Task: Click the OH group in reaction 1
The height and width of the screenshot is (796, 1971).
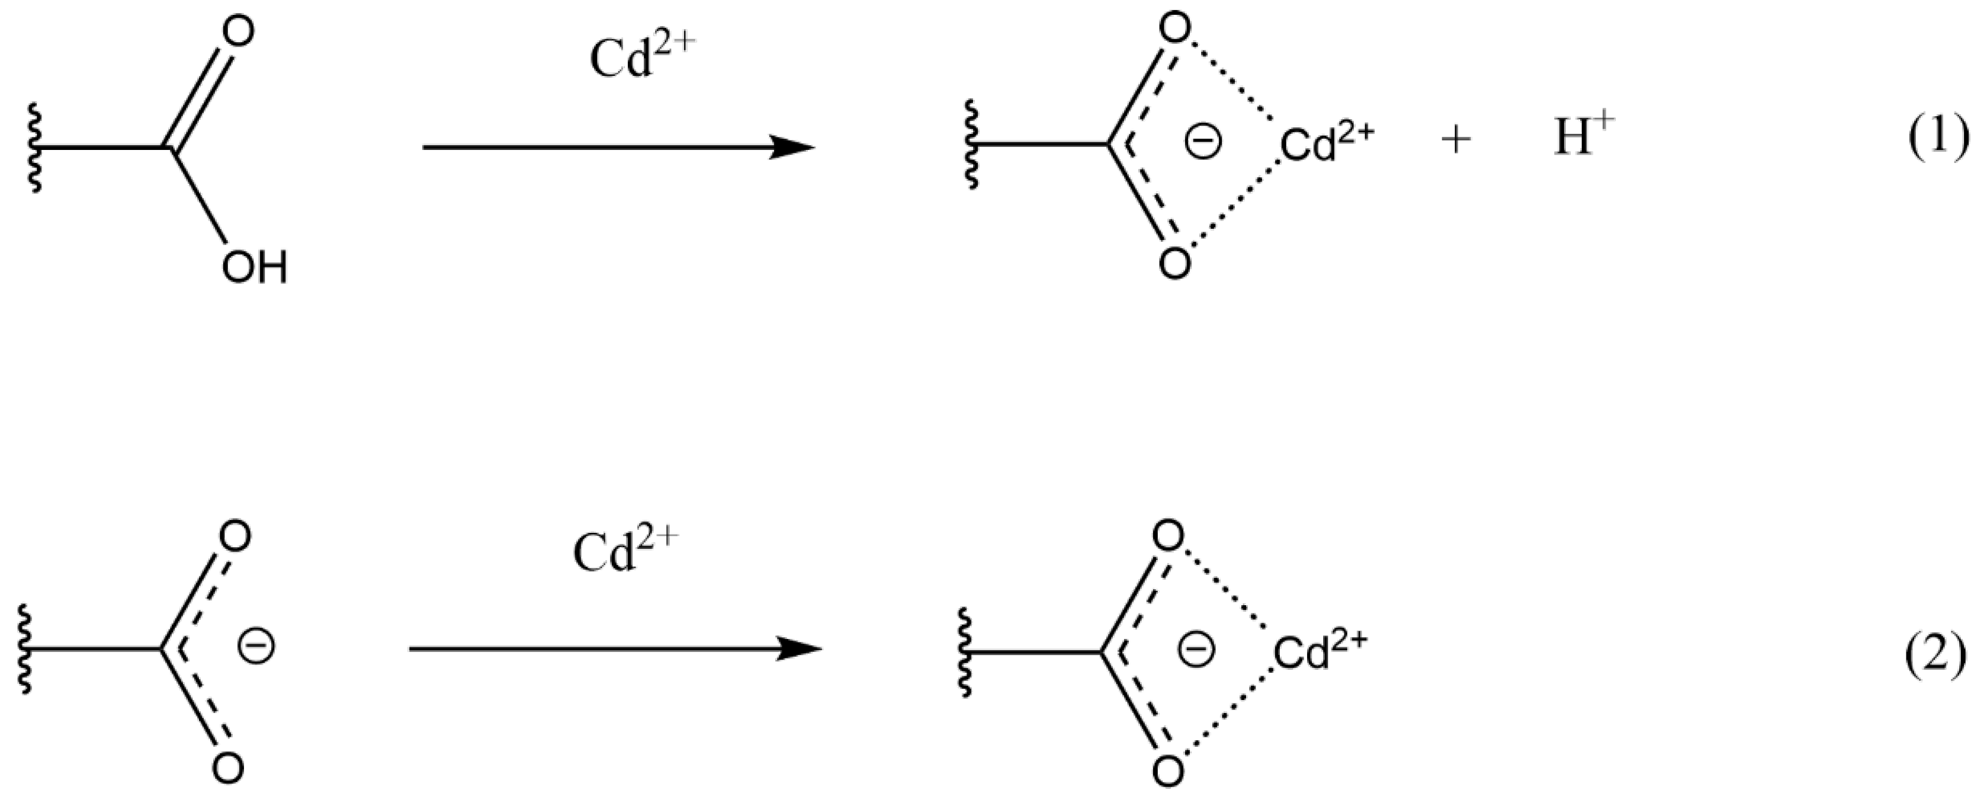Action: pos(254,268)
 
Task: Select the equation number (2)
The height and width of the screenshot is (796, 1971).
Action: pos(1936,657)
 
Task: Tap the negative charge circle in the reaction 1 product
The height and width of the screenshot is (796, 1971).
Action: pos(1203,142)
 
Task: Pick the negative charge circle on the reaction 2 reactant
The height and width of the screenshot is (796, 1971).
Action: pos(256,647)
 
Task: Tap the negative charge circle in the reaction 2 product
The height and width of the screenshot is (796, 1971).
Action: pos(1195,650)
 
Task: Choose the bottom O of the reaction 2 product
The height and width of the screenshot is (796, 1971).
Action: pos(1167,772)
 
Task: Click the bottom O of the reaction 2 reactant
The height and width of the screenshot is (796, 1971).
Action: pos(228,768)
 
